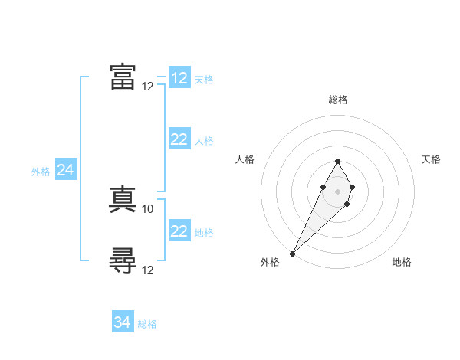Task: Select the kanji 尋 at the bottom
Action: click(x=123, y=262)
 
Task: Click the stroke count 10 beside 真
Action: click(x=148, y=208)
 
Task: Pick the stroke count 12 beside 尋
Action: click(x=148, y=270)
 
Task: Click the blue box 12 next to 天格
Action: click(x=179, y=78)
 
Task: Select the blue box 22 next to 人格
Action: click(x=179, y=139)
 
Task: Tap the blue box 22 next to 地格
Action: click(x=179, y=231)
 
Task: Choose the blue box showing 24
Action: click(x=66, y=170)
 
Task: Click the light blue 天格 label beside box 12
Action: click(x=204, y=79)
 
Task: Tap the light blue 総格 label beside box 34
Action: click(x=147, y=324)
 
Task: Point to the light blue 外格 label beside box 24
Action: click(x=41, y=172)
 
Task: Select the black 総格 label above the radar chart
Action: click(x=337, y=100)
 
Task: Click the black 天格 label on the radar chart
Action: click(x=432, y=159)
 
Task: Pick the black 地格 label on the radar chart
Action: click(x=402, y=262)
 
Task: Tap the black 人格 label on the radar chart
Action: click(x=245, y=159)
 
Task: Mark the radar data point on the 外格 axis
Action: click(x=293, y=253)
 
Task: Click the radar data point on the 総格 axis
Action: click(x=337, y=161)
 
